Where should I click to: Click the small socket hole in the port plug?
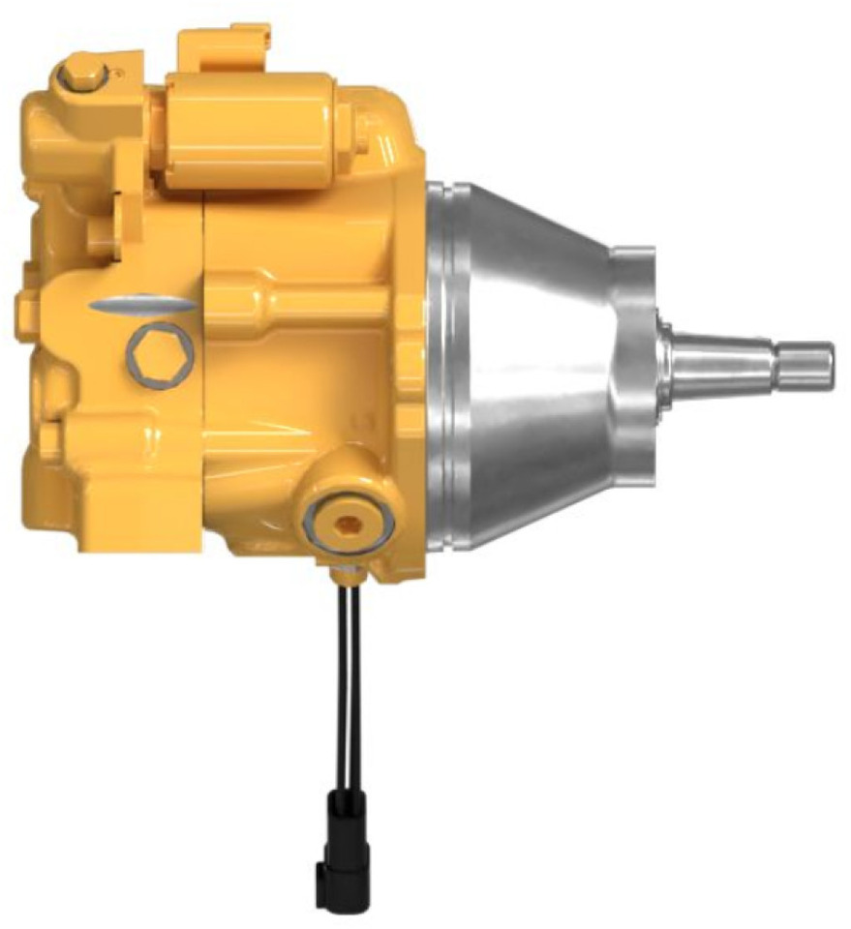[350, 523]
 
